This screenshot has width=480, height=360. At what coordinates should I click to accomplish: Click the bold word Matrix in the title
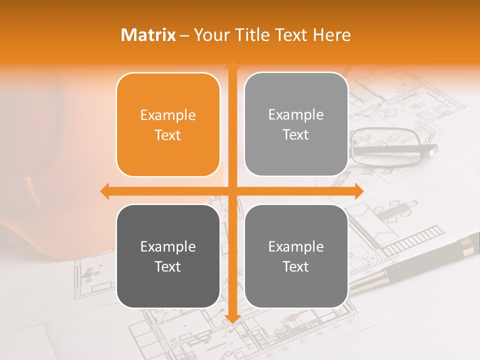click(148, 35)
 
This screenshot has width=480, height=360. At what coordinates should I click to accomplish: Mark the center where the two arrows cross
click(232, 191)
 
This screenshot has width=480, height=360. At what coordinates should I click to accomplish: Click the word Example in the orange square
click(168, 115)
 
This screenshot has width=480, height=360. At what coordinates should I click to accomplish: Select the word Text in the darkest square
click(168, 266)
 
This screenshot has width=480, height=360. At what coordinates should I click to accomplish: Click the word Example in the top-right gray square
click(296, 115)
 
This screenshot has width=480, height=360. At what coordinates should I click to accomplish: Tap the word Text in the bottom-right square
click(296, 266)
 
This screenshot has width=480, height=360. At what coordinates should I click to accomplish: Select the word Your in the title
click(210, 35)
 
